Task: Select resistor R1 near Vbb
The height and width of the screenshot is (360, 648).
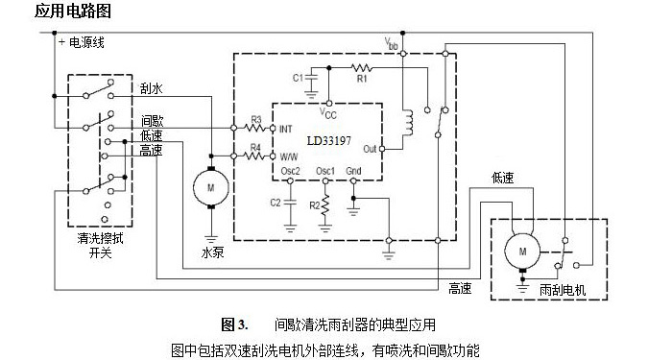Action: click(x=361, y=68)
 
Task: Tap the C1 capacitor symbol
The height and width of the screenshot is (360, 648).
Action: click(x=311, y=77)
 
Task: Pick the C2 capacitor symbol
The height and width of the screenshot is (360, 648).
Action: click(x=290, y=203)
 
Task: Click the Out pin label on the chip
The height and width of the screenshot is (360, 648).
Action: click(x=371, y=150)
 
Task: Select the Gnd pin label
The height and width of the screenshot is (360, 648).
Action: click(x=354, y=171)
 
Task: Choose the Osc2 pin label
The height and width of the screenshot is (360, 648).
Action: click(x=291, y=171)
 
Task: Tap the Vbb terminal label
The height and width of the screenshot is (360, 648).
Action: click(x=391, y=44)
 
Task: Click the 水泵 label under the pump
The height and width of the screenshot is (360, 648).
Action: click(x=212, y=254)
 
